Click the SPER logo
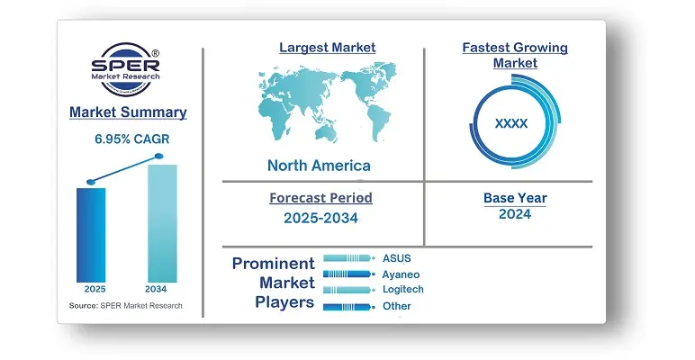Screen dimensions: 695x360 click(x=125, y=68)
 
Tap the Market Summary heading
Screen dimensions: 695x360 click(x=128, y=112)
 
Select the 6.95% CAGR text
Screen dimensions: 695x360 click(x=132, y=139)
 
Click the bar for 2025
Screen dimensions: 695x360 click(x=91, y=235)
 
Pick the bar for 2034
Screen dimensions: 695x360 click(x=162, y=223)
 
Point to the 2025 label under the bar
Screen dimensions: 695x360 click(x=95, y=289)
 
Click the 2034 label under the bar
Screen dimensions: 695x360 click(x=156, y=289)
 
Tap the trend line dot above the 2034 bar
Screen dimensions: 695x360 click(x=159, y=156)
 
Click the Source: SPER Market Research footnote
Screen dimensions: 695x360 click(x=125, y=305)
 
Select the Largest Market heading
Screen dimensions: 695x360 click(x=328, y=48)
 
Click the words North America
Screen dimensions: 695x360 click(x=319, y=166)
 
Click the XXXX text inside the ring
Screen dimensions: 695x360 click(x=511, y=123)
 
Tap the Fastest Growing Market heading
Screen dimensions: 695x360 click(x=515, y=55)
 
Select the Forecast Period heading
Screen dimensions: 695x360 click(x=320, y=198)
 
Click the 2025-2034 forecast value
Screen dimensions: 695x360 click(x=320, y=218)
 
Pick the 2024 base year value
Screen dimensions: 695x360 click(x=515, y=214)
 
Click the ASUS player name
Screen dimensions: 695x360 click(x=397, y=258)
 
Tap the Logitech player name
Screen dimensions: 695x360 click(x=403, y=289)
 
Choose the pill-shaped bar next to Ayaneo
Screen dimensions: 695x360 click(x=347, y=274)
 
